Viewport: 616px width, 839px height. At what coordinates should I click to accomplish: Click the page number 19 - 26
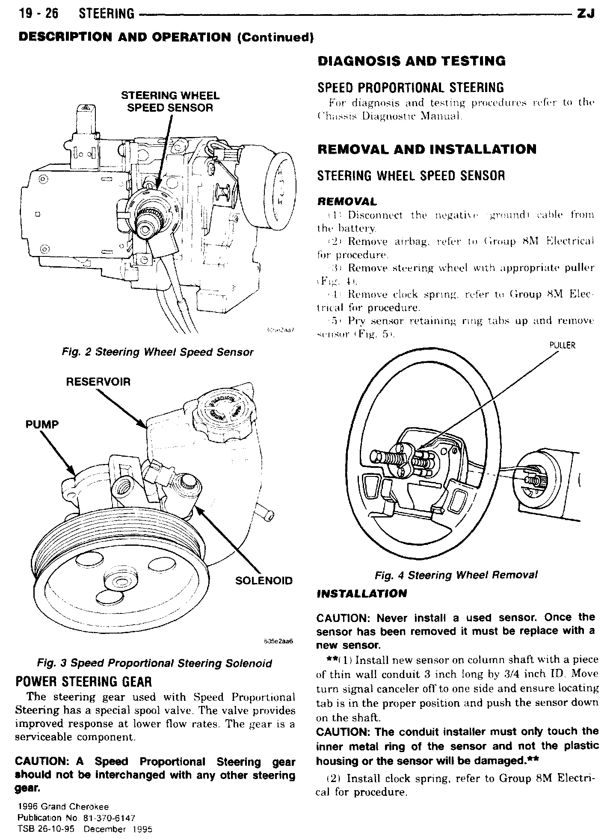(x=38, y=14)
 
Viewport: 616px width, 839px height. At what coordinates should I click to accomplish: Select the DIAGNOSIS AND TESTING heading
(x=411, y=61)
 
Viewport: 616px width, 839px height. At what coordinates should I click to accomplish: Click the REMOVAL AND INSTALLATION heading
(x=426, y=149)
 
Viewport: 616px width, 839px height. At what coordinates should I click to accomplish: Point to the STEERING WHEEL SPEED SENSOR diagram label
(x=170, y=101)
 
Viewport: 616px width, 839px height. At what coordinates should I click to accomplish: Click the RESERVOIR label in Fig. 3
(x=98, y=381)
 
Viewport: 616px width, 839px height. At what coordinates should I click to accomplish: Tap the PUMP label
(x=41, y=424)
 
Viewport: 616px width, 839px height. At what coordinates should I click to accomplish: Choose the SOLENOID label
(x=264, y=580)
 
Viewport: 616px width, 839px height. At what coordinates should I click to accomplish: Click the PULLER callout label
(x=562, y=345)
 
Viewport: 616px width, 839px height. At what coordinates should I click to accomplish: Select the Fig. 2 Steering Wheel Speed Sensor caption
(x=157, y=352)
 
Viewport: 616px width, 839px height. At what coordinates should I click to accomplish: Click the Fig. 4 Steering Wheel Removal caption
(x=456, y=575)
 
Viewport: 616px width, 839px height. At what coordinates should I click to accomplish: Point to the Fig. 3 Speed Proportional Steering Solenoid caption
(x=154, y=663)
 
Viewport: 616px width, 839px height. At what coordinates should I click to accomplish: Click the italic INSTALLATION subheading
(x=361, y=594)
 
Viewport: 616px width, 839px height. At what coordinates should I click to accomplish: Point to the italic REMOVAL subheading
(x=347, y=201)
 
